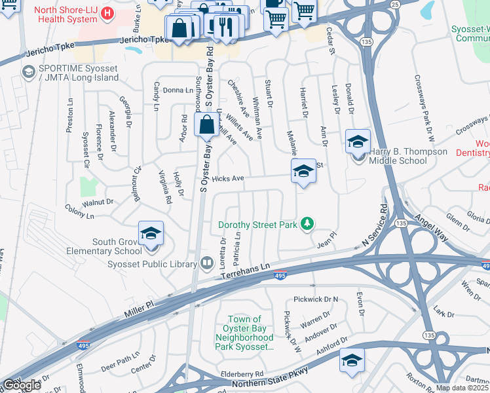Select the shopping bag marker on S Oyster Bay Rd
pyautogui.click(x=206, y=125)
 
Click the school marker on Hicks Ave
pyautogui.click(x=303, y=172)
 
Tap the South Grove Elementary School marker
pyautogui.click(x=150, y=234)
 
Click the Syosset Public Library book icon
pyautogui.click(x=208, y=264)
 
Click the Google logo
pyautogui.click(x=22, y=385)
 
